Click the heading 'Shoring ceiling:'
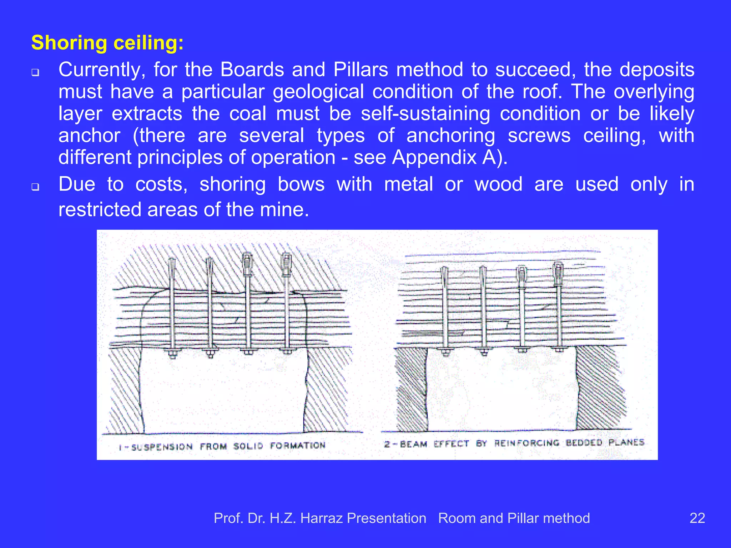click(x=107, y=43)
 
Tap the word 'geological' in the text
click(x=318, y=92)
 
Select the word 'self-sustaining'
click(x=425, y=114)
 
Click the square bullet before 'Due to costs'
click(x=35, y=186)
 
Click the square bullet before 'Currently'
click(x=35, y=72)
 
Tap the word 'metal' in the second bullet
click(x=409, y=184)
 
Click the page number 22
click(x=697, y=518)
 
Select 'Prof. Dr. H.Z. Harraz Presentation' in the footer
click(x=320, y=518)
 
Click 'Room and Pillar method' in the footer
click(x=514, y=518)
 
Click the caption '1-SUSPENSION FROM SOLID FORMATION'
click(x=222, y=446)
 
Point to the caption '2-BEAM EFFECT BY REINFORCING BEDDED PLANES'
click(x=514, y=443)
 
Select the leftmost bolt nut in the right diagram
click(x=445, y=352)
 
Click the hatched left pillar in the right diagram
click(x=411, y=389)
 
